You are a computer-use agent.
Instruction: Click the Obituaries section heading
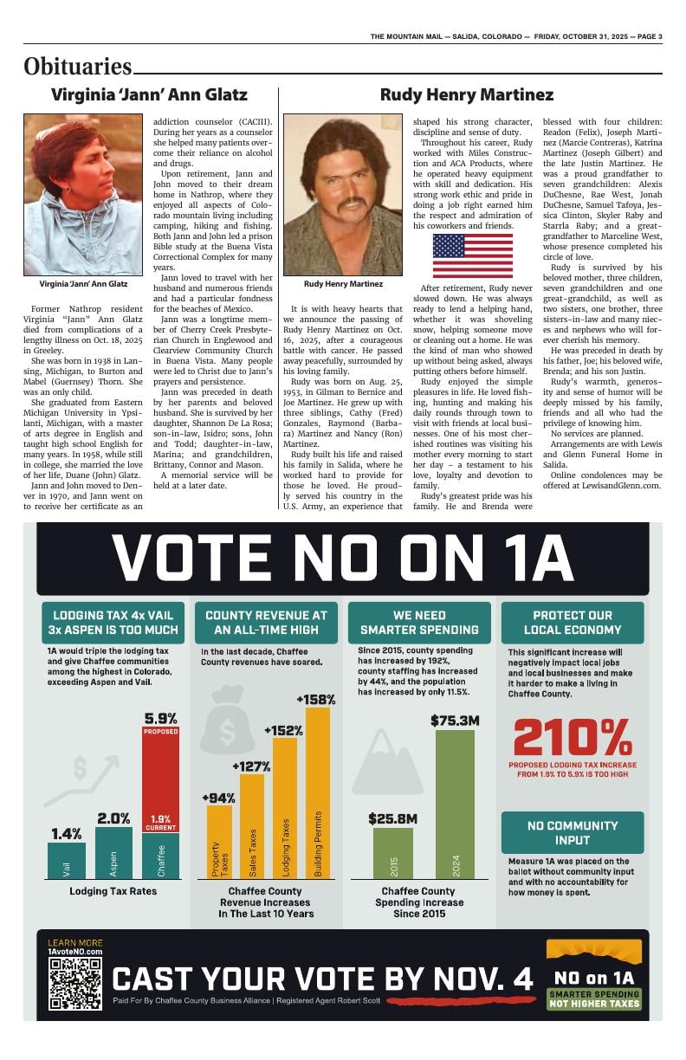tap(78, 66)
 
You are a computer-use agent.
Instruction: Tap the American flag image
tap(472, 255)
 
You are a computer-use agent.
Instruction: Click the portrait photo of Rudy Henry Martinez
tap(343, 195)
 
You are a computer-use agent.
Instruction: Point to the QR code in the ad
tap(75, 983)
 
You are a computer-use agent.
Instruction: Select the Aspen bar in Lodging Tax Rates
tap(113, 854)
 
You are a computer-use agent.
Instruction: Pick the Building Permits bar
tap(317, 792)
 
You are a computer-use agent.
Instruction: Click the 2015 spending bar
tap(393, 853)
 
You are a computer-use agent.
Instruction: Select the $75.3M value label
tap(455, 720)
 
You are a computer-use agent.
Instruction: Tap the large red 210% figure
tap(573, 738)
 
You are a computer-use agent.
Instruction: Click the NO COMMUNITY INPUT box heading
tap(573, 832)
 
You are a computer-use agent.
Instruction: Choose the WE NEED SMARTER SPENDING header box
tap(419, 623)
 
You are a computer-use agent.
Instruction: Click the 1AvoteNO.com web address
tap(74, 952)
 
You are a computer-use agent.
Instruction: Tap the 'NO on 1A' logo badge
tap(594, 977)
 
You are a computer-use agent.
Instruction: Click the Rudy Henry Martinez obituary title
tap(467, 94)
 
